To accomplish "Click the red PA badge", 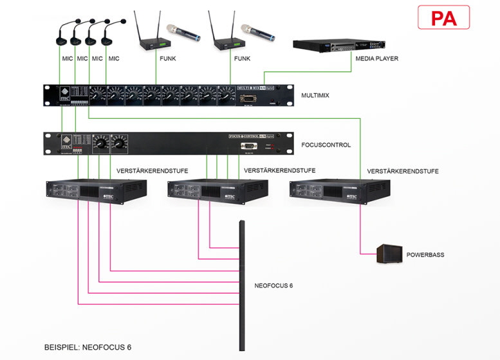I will click(x=443, y=17).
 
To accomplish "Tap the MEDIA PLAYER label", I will click(x=376, y=59).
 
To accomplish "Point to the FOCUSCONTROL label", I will click(x=326, y=145).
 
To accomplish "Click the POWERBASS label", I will click(x=425, y=255).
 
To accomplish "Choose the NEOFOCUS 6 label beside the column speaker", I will click(x=273, y=285).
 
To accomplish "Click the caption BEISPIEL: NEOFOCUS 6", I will click(x=88, y=347).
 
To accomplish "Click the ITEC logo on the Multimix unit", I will click(x=64, y=94).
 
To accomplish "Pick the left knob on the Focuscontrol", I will click(x=100, y=142).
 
